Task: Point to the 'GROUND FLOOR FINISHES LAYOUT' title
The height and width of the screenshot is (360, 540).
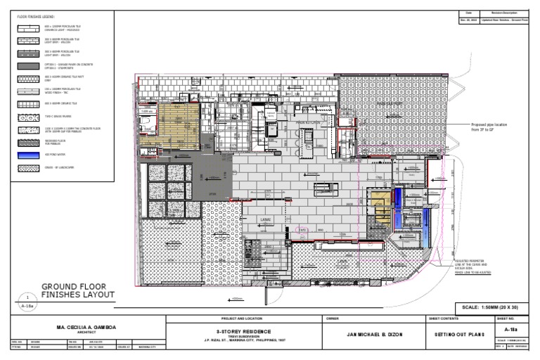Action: tap(77, 291)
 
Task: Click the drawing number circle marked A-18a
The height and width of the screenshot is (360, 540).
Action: tap(27, 303)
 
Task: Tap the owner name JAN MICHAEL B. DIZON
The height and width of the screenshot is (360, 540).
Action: tap(373, 334)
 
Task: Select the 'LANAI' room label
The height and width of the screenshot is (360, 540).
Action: tap(267, 219)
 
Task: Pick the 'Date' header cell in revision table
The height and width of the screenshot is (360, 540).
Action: tap(469, 13)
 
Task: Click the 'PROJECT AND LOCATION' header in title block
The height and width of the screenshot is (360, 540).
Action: tap(240, 319)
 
